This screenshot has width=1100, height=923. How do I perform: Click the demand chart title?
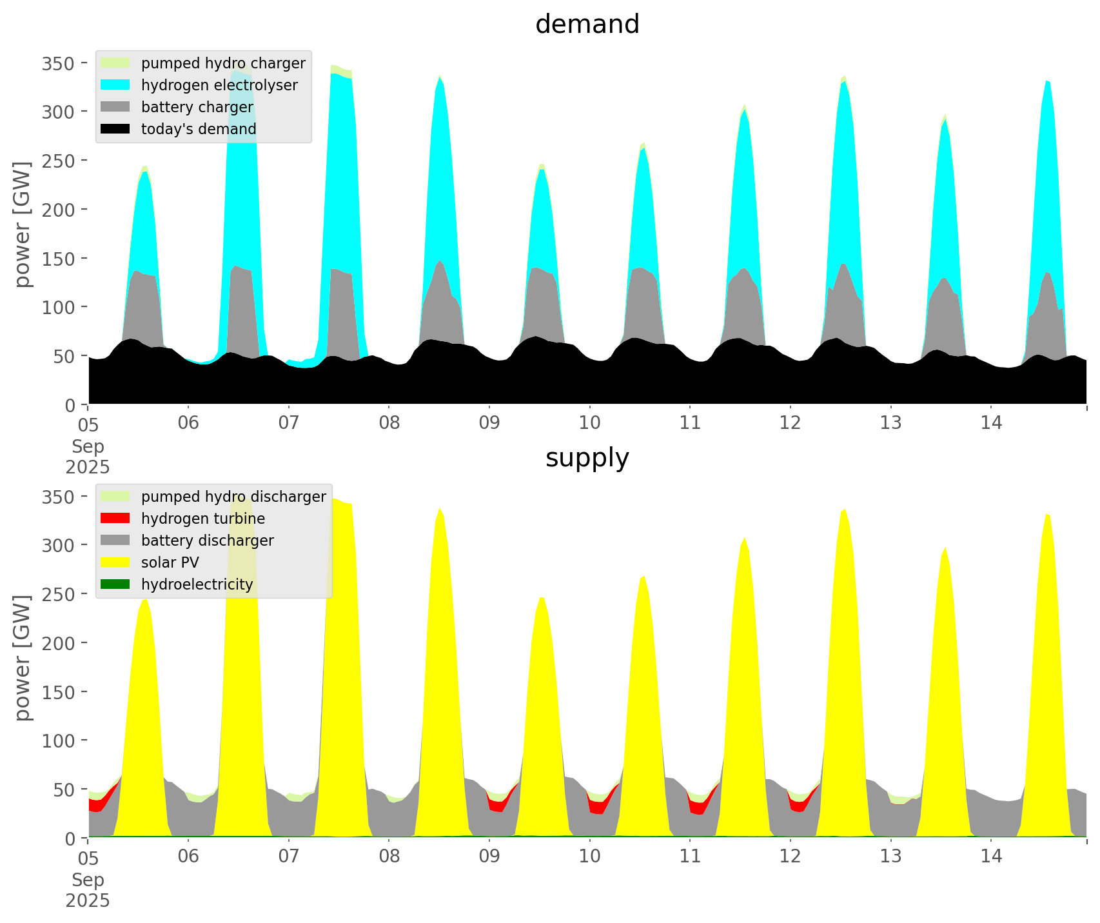[x=587, y=25]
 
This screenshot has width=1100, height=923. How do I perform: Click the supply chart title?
[x=587, y=458]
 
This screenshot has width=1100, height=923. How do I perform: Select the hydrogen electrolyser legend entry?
[x=219, y=85]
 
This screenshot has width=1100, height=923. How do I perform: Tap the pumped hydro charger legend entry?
[x=223, y=63]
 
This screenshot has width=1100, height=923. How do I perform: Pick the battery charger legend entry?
[x=197, y=107]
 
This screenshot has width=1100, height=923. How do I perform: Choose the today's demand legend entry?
[x=199, y=129]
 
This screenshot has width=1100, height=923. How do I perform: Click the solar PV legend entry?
[x=170, y=562]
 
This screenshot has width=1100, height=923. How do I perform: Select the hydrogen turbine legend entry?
[x=202, y=519]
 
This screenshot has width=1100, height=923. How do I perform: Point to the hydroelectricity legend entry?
[x=197, y=584]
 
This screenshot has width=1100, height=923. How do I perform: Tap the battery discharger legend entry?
[x=207, y=541]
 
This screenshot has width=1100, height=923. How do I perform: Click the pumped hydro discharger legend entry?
[x=233, y=497]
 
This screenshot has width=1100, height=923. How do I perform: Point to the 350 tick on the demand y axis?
[x=58, y=63]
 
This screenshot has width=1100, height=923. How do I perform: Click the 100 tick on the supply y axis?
[x=58, y=740]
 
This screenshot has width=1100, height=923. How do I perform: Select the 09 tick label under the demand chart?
[x=489, y=423]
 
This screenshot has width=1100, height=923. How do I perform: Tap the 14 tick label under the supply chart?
[x=991, y=857]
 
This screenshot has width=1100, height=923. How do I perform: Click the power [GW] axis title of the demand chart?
[x=23, y=224]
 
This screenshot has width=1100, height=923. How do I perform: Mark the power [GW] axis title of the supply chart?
[x=23, y=658]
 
